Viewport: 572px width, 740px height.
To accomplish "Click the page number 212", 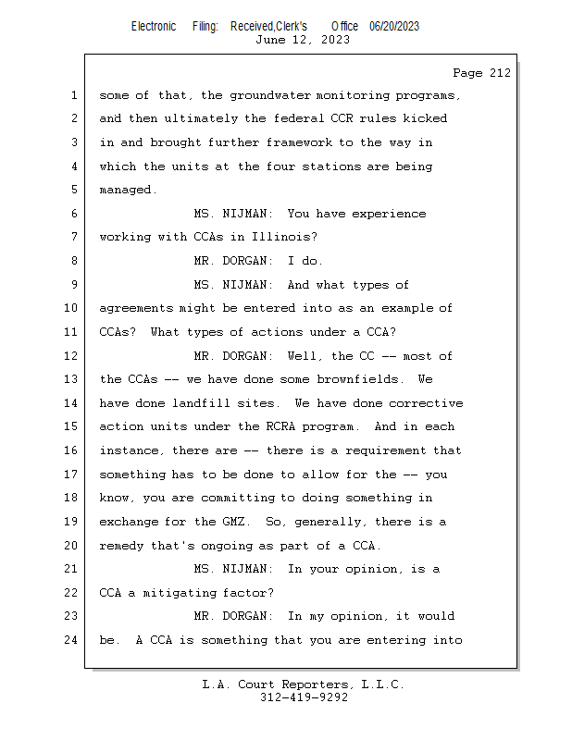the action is pyautogui.click(x=500, y=73).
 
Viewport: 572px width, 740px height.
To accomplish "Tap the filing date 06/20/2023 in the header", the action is pyautogui.click(x=394, y=27).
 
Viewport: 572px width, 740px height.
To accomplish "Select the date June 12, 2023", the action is pyautogui.click(x=303, y=40).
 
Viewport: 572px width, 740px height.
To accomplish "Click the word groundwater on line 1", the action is pyautogui.click(x=270, y=96).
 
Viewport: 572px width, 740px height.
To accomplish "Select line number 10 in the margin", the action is pyautogui.click(x=70, y=308).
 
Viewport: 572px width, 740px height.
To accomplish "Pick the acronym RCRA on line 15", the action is pyautogui.click(x=280, y=426).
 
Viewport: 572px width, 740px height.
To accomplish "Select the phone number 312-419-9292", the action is pyautogui.click(x=304, y=697).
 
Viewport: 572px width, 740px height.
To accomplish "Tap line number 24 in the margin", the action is pyautogui.click(x=70, y=640).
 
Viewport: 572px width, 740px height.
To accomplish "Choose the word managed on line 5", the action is pyautogui.click(x=128, y=191).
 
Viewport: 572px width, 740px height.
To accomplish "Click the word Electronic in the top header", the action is pyautogui.click(x=154, y=27).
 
